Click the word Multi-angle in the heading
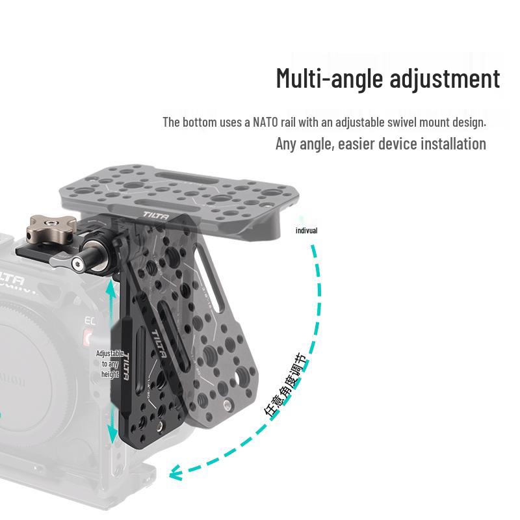tap(330, 79)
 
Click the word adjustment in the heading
tap(445, 79)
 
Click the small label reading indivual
tap(306, 231)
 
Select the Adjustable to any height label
tap(110, 364)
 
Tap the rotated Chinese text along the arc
tap(285, 384)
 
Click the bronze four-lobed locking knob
tap(51, 229)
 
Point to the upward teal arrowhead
tap(111, 288)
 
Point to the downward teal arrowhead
tap(112, 434)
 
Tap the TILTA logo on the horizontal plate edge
tap(156, 216)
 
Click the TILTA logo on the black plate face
tap(159, 344)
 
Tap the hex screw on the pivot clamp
tap(78, 265)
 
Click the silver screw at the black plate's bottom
tap(161, 425)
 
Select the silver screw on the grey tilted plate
tap(227, 404)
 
